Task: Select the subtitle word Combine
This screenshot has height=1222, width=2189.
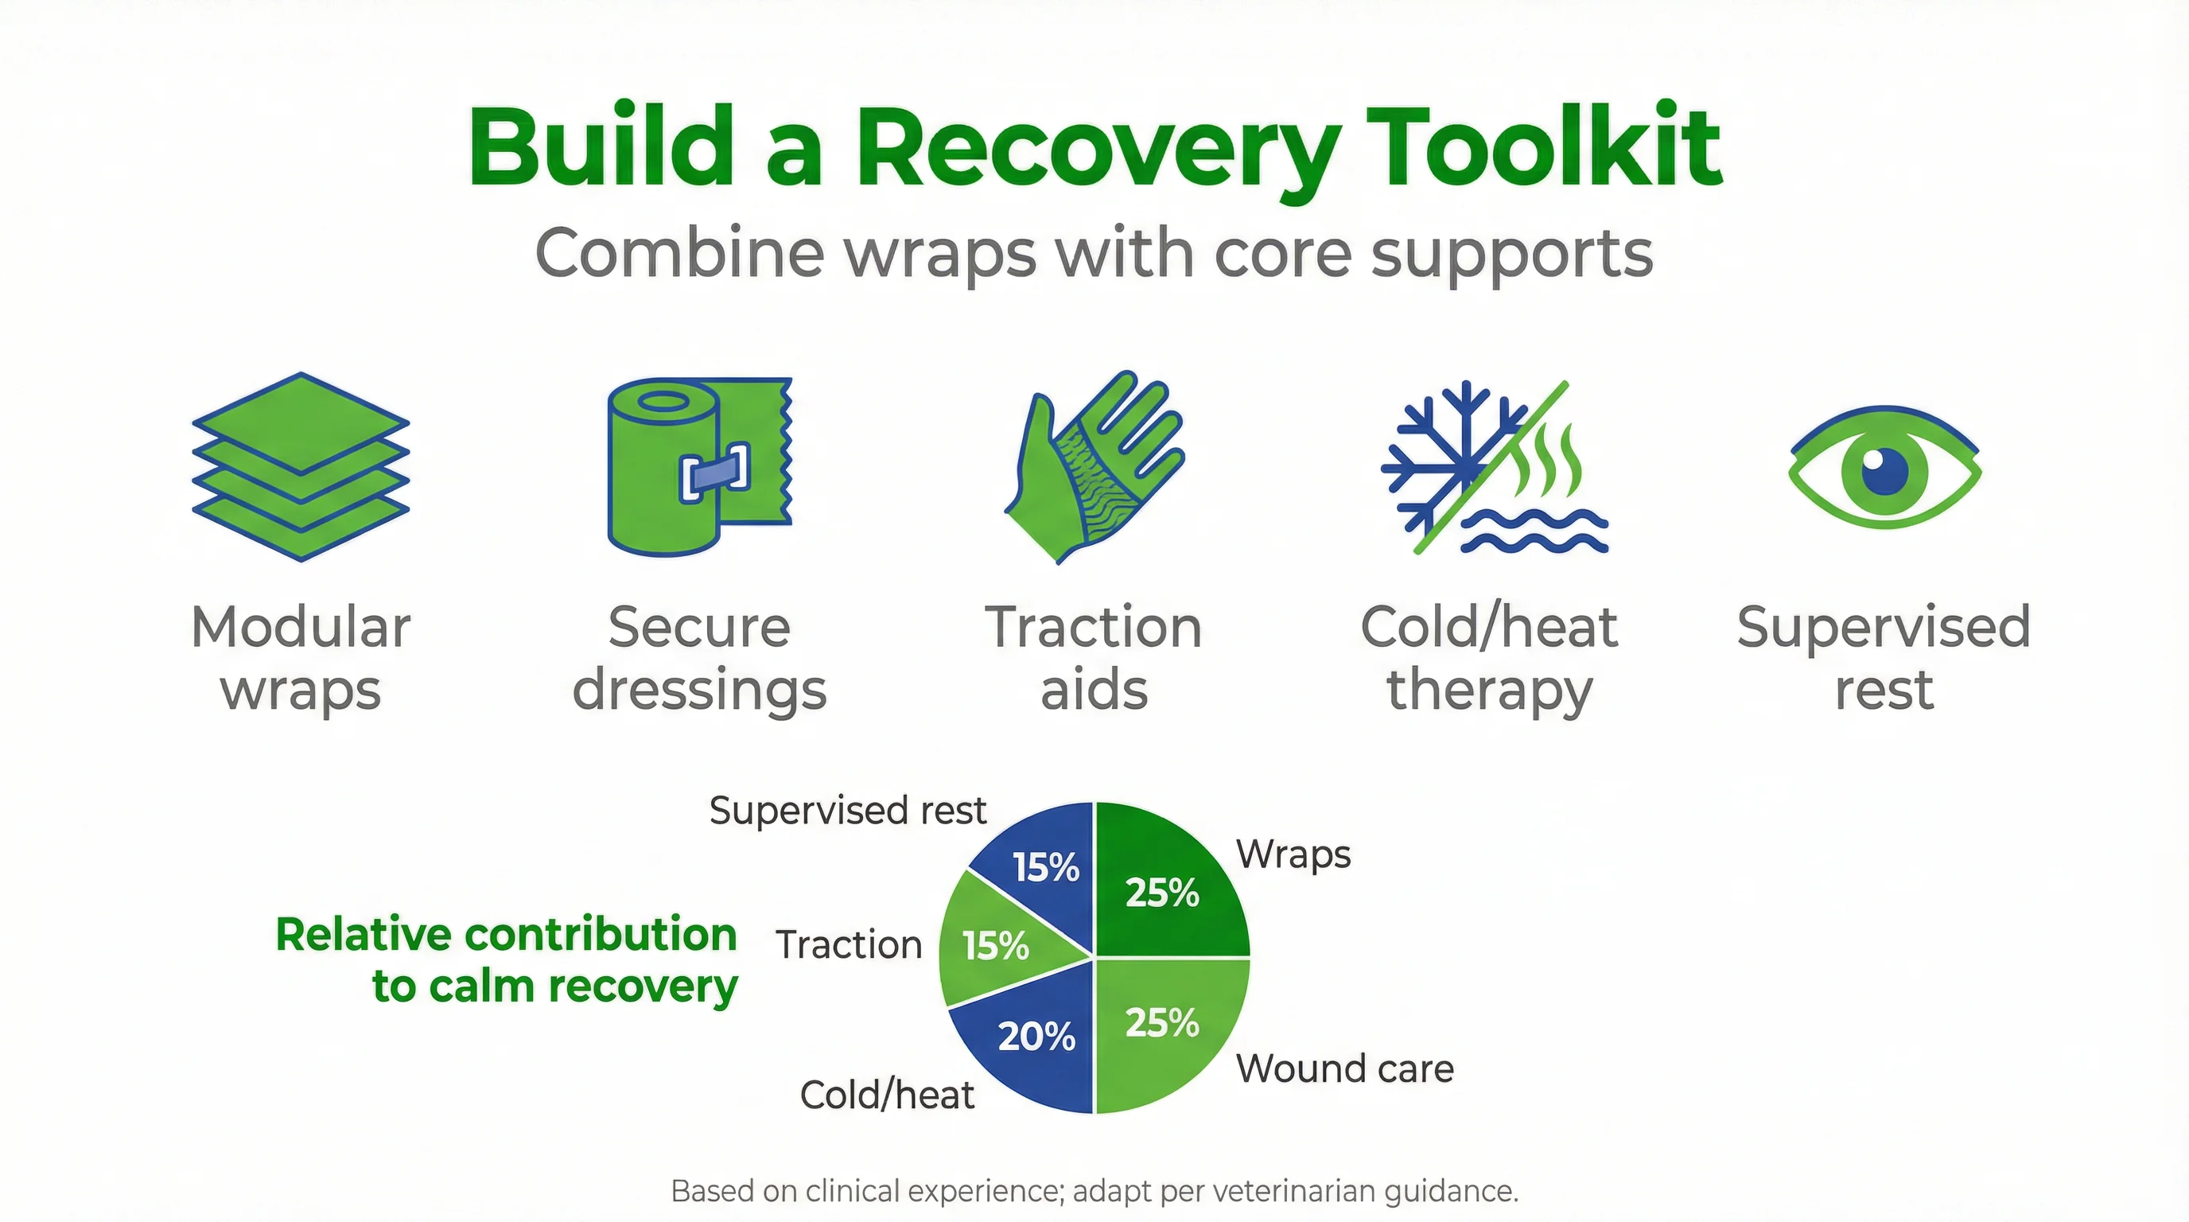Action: pos(679,253)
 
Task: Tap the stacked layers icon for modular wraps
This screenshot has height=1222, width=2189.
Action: pos(301,466)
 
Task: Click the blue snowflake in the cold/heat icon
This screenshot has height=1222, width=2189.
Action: pos(1444,459)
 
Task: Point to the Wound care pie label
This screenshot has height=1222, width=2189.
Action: pos(1344,1068)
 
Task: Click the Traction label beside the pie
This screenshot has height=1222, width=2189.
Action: pos(848,945)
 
